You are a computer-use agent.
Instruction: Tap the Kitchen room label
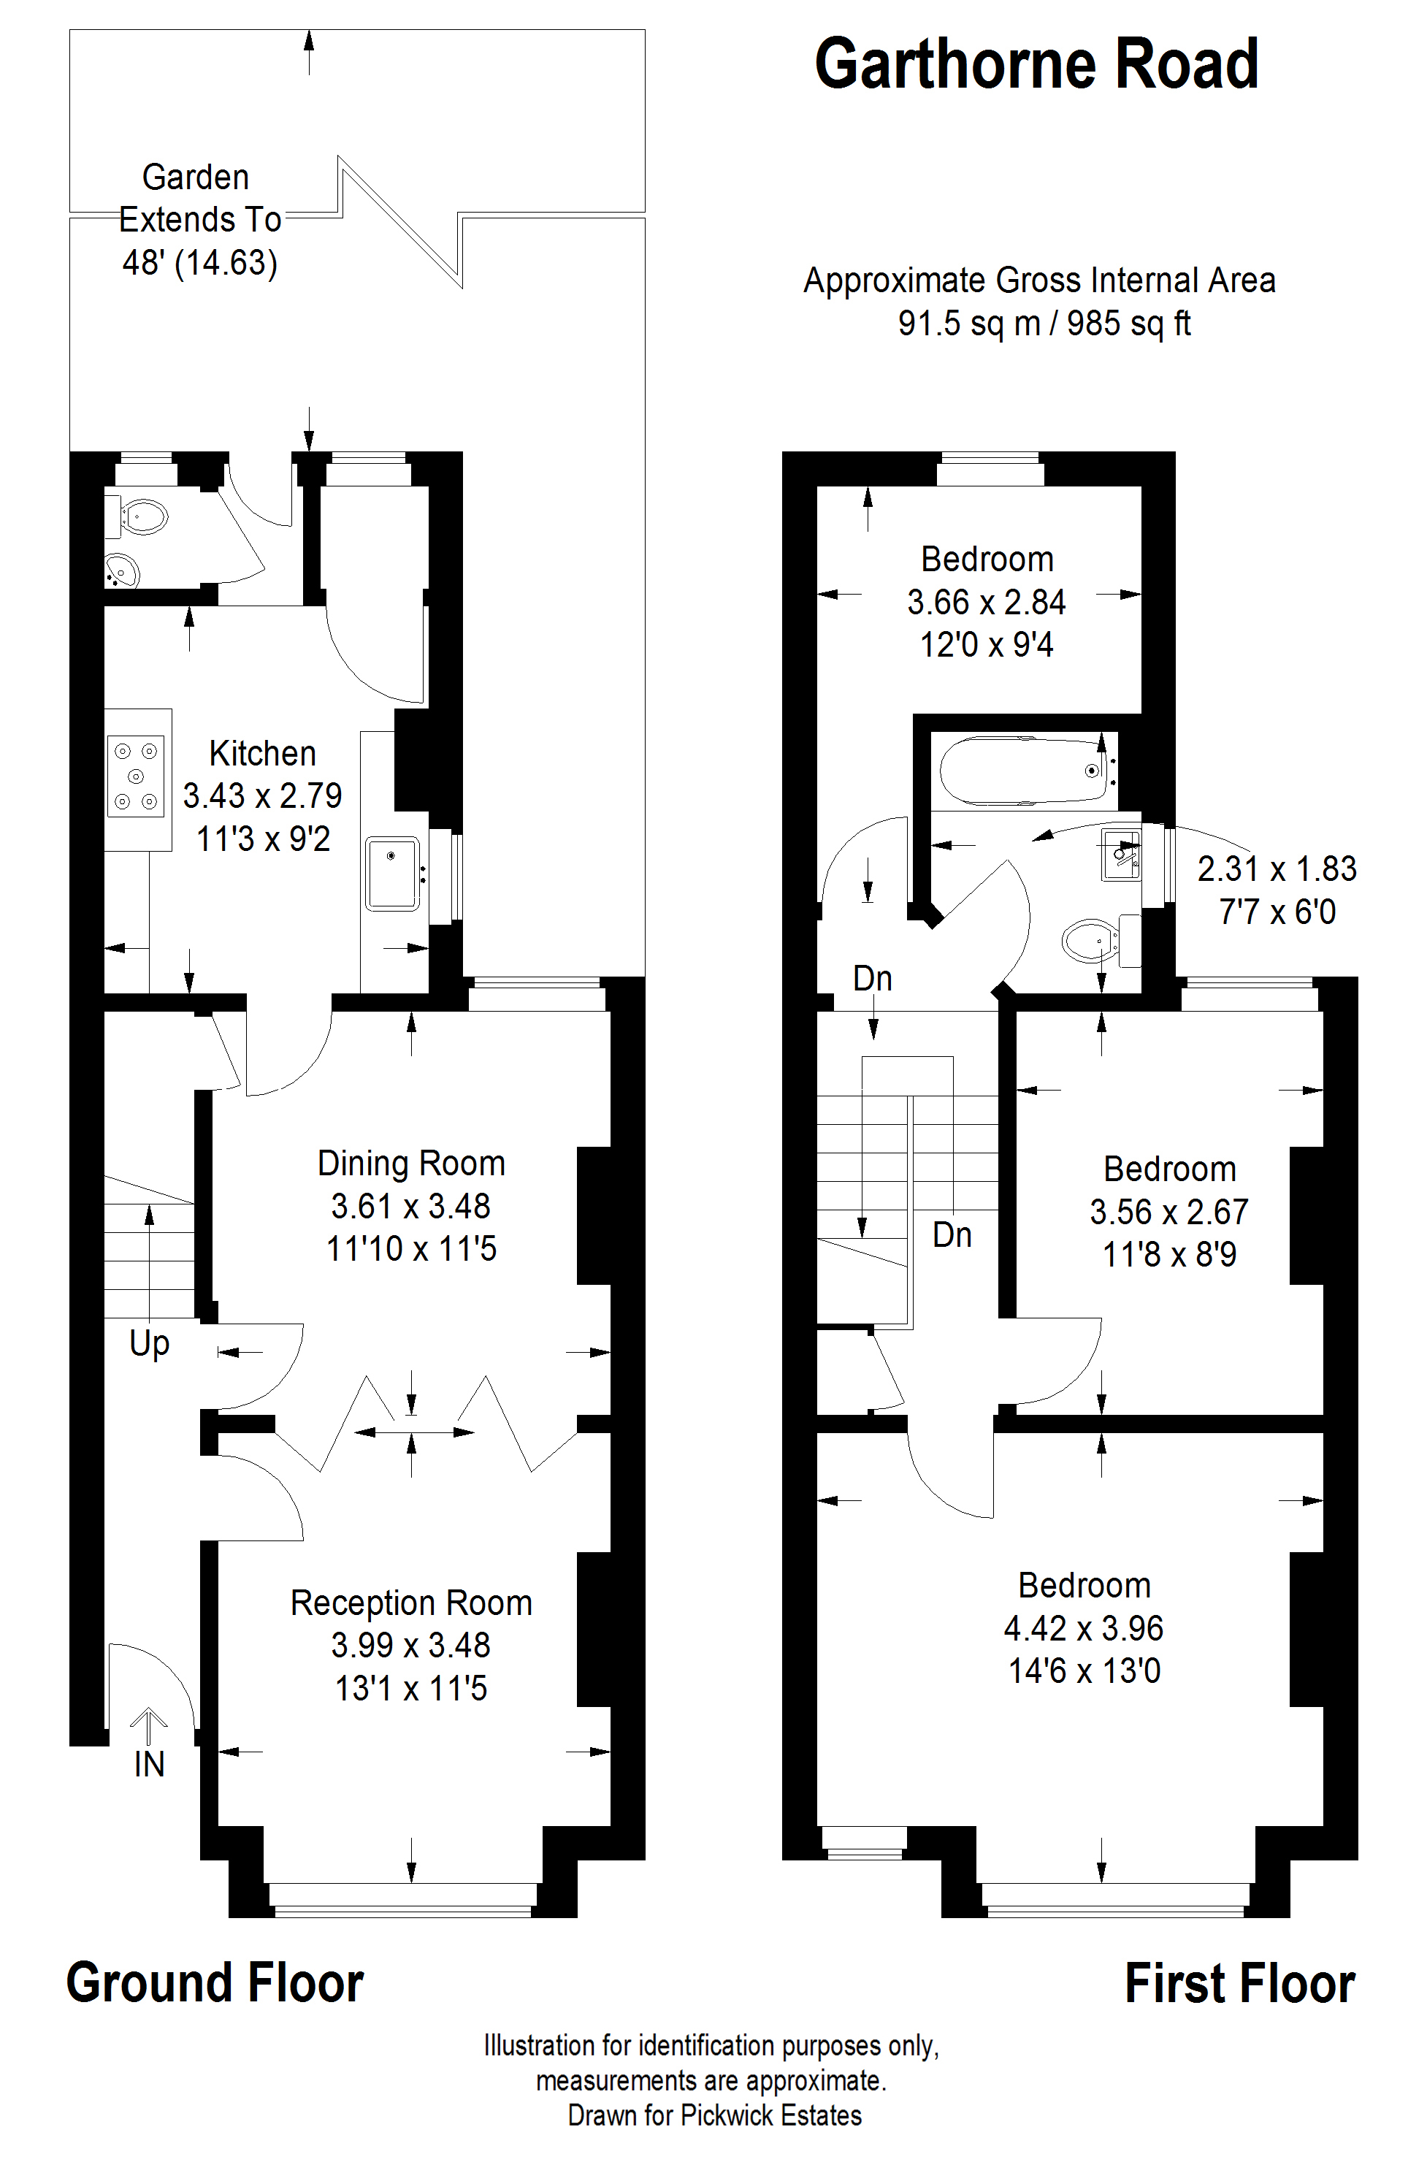pyautogui.click(x=263, y=754)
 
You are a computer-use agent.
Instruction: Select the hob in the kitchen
pyautogui.click(x=137, y=776)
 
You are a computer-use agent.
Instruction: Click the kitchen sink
pyautogui.click(x=392, y=874)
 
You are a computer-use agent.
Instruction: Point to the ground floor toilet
pyautogui.click(x=138, y=518)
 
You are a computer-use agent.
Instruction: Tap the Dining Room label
pyautogui.click(x=411, y=1164)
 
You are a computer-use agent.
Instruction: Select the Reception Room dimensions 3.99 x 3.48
pyautogui.click(x=411, y=1646)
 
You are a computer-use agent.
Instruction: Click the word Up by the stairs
pyautogui.click(x=149, y=1344)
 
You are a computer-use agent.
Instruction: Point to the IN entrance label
pyautogui.click(x=149, y=1765)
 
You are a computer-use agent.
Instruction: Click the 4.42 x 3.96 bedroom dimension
pyautogui.click(x=1084, y=1628)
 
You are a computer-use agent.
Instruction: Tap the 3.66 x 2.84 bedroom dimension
pyautogui.click(x=987, y=603)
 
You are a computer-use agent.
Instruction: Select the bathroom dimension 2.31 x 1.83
pyautogui.click(x=1277, y=869)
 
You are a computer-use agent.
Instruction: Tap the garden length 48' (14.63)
pyautogui.click(x=200, y=263)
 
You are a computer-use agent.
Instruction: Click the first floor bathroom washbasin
pyautogui.click(x=1121, y=855)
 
